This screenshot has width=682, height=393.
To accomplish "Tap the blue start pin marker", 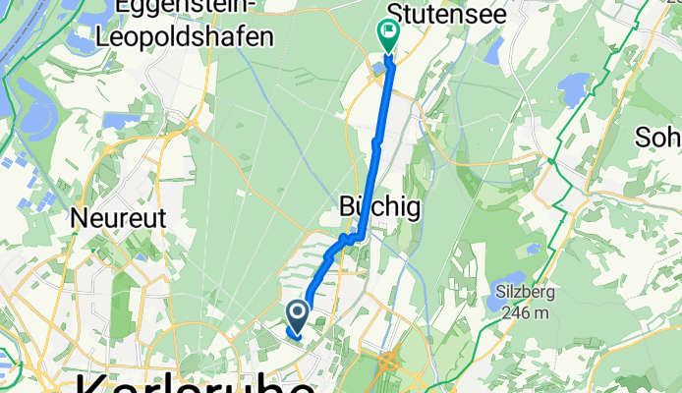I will coord(298,314).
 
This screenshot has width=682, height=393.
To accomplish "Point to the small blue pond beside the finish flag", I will coord(378,67).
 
